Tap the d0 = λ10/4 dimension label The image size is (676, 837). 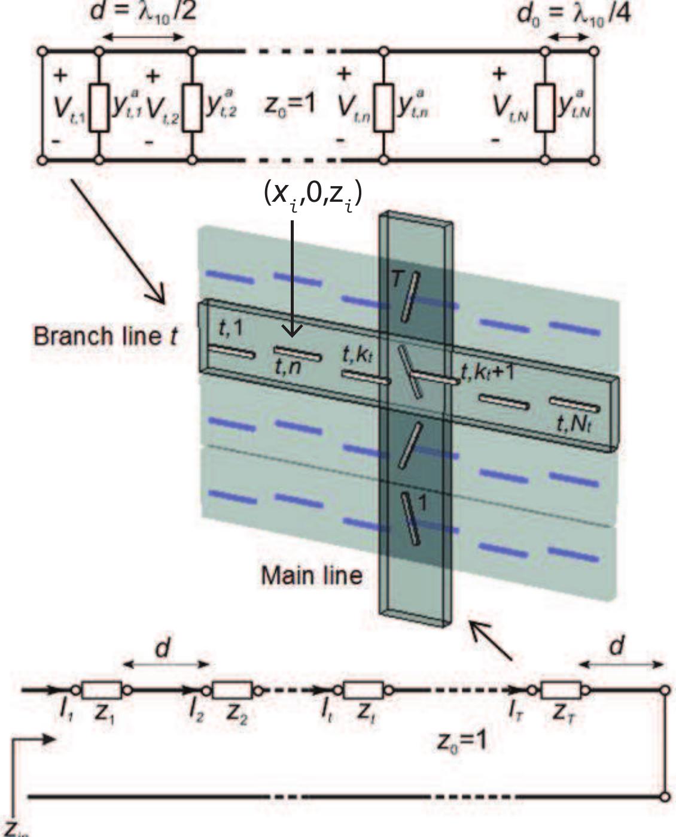click(573, 13)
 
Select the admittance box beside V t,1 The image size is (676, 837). click(99, 107)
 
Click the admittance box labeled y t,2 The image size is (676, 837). click(192, 107)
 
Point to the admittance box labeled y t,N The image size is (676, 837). click(544, 107)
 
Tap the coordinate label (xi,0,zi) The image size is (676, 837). click(313, 195)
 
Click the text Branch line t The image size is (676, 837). click(105, 336)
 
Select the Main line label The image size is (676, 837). click(312, 575)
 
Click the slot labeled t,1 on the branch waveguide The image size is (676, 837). click(231, 351)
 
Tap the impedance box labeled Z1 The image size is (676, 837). click(101, 690)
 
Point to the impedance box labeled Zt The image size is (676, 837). click(364, 690)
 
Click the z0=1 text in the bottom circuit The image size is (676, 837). click(461, 741)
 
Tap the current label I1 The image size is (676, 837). click(63, 712)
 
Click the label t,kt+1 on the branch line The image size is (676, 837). click(488, 372)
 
